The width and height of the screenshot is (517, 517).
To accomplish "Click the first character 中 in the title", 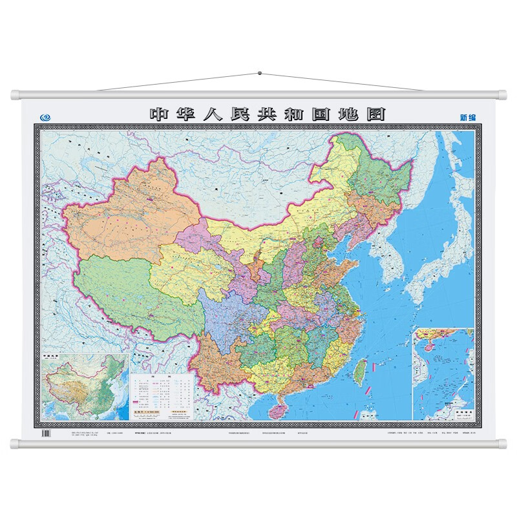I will [x=159, y=114].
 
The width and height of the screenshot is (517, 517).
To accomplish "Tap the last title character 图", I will [x=375, y=114].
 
